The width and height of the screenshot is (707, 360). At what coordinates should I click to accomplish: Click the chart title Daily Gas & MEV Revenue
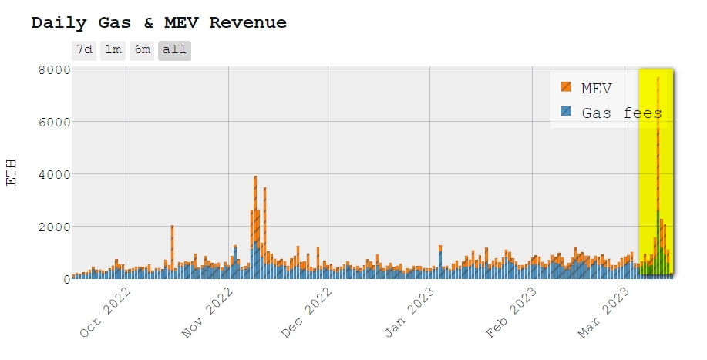159,23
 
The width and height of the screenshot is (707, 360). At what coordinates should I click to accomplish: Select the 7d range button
84,50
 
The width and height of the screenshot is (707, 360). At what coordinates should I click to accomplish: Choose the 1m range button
113,50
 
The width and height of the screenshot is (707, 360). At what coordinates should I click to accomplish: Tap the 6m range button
142,50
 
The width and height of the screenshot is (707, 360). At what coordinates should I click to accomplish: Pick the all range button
174,50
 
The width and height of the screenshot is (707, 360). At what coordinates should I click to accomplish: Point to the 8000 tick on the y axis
54,69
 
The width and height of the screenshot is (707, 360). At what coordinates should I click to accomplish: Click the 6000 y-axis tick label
54,122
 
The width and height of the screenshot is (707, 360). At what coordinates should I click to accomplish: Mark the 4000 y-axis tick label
54,174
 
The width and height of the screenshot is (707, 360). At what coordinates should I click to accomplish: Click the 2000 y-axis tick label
54,227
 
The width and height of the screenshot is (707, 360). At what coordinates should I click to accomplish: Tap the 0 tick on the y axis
66,279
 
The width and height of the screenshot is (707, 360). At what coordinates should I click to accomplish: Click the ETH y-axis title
12,173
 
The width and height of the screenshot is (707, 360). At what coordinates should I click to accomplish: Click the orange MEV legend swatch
567,88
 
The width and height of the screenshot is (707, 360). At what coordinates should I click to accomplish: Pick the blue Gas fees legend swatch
567,112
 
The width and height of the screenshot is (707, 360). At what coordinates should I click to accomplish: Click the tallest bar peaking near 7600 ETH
658,177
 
